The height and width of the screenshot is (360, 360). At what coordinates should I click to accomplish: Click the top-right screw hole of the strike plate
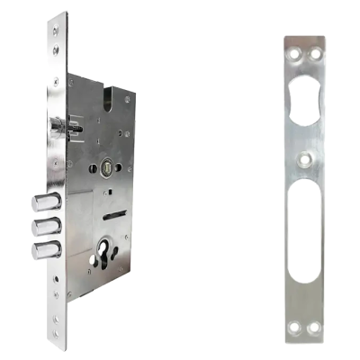click(x=318, y=54)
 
